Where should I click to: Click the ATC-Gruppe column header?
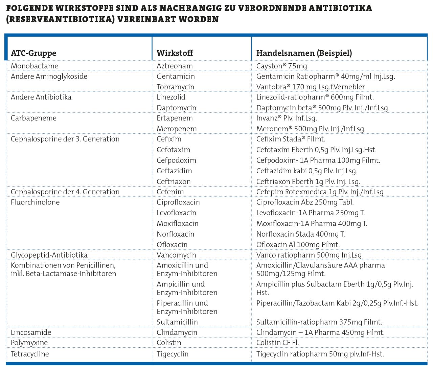(x=33, y=53)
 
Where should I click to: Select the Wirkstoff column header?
(x=175, y=53)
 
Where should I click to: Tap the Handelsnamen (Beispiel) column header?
(x=304, y=53)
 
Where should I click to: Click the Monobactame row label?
(x=35, y=66)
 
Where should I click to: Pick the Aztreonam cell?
(x=175, y=66)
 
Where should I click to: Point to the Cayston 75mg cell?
(x=281, y=66)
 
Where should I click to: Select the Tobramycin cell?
(x=175, y=87)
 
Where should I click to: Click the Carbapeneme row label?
(x=33, y=118)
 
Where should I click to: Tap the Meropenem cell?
(x=177, y=129)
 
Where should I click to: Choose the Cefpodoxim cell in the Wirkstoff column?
(x=176, y=160)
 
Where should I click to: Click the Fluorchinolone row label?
(x=35, y=202)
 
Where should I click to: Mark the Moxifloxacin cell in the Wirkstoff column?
(x=177, y=224)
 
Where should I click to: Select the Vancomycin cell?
(x=176, y=255)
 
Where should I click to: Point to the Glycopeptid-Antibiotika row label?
(x=49, y=255)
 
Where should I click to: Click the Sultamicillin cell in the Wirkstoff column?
(x=177, y=322)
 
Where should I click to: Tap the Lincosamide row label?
(x=31, y=333)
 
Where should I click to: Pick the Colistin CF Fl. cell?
(x=277, y=343)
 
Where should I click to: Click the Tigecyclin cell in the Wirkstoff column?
(x=173, y=354)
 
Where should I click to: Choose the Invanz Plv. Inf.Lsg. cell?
(x=287, y=118)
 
